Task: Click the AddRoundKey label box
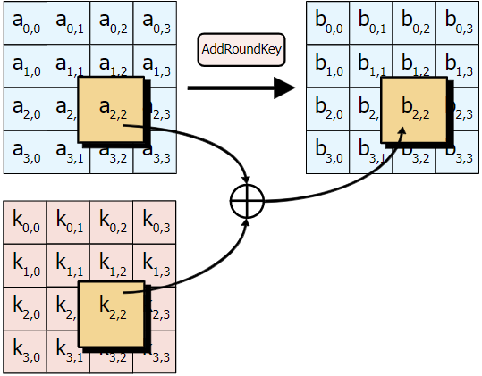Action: click(241, 49)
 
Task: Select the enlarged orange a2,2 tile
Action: click(111, 110)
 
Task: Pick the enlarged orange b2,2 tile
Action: click(413, 110)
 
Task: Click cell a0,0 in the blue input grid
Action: click(25, 22)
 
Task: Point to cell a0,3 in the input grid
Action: click(155, 22)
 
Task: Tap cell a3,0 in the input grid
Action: click(25, 153)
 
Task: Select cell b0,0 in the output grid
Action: click(327, 22)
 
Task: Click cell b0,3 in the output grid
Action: click(457, 22)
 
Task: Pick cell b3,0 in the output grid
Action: click(327, 153)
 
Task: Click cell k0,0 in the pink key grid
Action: click(25, 222)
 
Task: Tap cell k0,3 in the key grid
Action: click(155, 222)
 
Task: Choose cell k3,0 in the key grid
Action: click(25, 352)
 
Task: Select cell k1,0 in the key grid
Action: click(25, 265)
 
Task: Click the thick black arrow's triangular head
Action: click(283, 88)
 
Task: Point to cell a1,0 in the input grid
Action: click(25, 66)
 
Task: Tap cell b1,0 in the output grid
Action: click(327, 66)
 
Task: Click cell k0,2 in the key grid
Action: click(112, 222)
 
